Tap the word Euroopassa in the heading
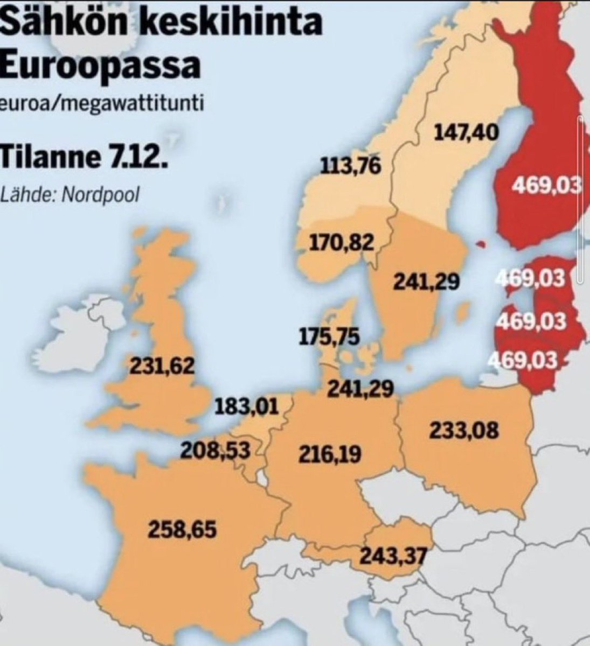coord(100,66)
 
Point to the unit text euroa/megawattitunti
coord(102,103)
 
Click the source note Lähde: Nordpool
coord(70,194)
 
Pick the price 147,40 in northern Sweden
coord(466,132)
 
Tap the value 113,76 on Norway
coord(351,166)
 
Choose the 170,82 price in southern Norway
coord(341,243)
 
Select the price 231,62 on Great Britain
coord(162,367)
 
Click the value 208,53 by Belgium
coord(216,450)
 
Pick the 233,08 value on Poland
coord(464,431)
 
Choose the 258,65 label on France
coord(182,530)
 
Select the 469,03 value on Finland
coord(545,186)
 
